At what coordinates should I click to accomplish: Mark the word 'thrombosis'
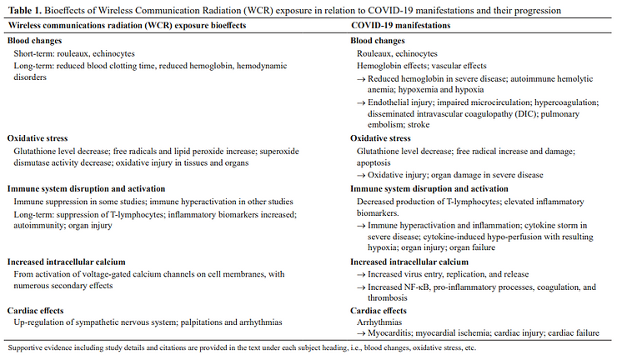379,297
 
